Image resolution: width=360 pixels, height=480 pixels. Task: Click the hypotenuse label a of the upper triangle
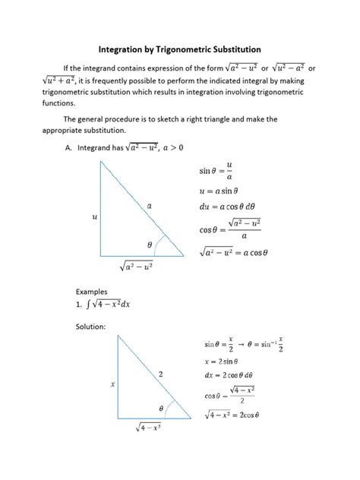150,205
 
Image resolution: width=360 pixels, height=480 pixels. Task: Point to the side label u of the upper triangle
95,217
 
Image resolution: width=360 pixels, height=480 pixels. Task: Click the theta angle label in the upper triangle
150,245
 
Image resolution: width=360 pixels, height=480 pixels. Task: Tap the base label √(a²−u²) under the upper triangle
140,267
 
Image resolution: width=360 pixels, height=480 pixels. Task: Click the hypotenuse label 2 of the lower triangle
161,374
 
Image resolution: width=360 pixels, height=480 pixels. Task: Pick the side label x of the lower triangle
112,384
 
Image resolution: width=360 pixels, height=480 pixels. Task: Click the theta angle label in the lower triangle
160,409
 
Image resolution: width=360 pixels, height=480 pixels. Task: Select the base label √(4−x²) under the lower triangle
152,431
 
